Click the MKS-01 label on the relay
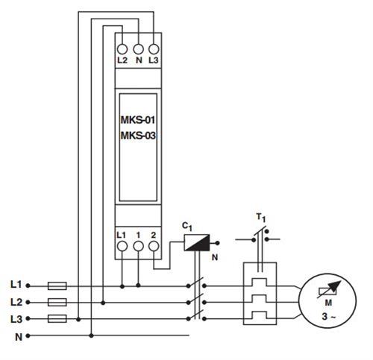137,119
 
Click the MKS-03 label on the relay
137,135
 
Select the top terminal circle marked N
138,45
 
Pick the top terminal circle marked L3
154,45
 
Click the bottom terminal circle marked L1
122,245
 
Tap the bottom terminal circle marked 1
138,245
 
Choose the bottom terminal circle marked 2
154,245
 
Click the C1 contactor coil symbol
197,242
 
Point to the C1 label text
189,224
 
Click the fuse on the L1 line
57,285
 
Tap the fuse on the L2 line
57,302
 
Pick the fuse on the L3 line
57,319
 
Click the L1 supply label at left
16,284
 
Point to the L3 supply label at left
16,319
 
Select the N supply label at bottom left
17,336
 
